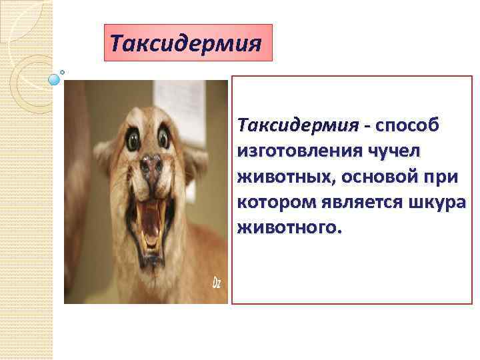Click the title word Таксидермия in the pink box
click(185, 43)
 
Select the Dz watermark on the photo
click(217, 283)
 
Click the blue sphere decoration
click(54, 79)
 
